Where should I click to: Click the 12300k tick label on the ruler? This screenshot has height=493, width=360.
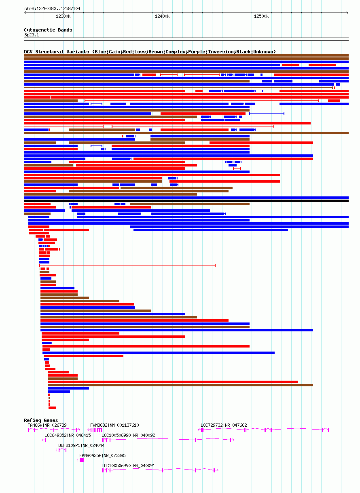click(x=63, y=16)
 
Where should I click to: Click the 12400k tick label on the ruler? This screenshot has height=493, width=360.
click(x=162, y=16)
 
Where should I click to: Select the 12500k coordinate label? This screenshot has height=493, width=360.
click(x=261, y=16)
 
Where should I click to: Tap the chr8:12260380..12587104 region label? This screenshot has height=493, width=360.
click(x=52, y=8)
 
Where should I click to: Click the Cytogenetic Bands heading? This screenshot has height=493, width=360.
click(x=48, y=30)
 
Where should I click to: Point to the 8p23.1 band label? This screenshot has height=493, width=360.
click(x=32, y=35)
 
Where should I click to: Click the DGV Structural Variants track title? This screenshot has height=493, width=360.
click(x=150, y=52)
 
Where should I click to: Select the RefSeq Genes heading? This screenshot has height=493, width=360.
click(x=41, y=420)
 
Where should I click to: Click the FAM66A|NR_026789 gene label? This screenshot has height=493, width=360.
click(x=47, y=425)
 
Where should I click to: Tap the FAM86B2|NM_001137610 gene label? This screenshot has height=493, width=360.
click(x=114, y=425)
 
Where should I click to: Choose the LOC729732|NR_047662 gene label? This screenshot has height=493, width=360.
click(x=224, y=425)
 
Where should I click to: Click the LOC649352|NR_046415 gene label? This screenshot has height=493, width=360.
click(x=68, y=435)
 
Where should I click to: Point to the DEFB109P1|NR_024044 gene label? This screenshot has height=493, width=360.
click(x=81, y=445)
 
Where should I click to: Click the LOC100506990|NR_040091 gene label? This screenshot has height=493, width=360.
click(x=128, y=466)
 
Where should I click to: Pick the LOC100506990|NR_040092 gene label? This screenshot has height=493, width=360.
click(x=128, y=435)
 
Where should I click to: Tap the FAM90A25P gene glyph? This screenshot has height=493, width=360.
click(x=80, y=460)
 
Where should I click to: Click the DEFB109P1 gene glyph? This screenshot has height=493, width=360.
click(x=61, y=450)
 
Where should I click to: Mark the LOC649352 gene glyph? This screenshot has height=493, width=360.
click(x=44, y=440)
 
